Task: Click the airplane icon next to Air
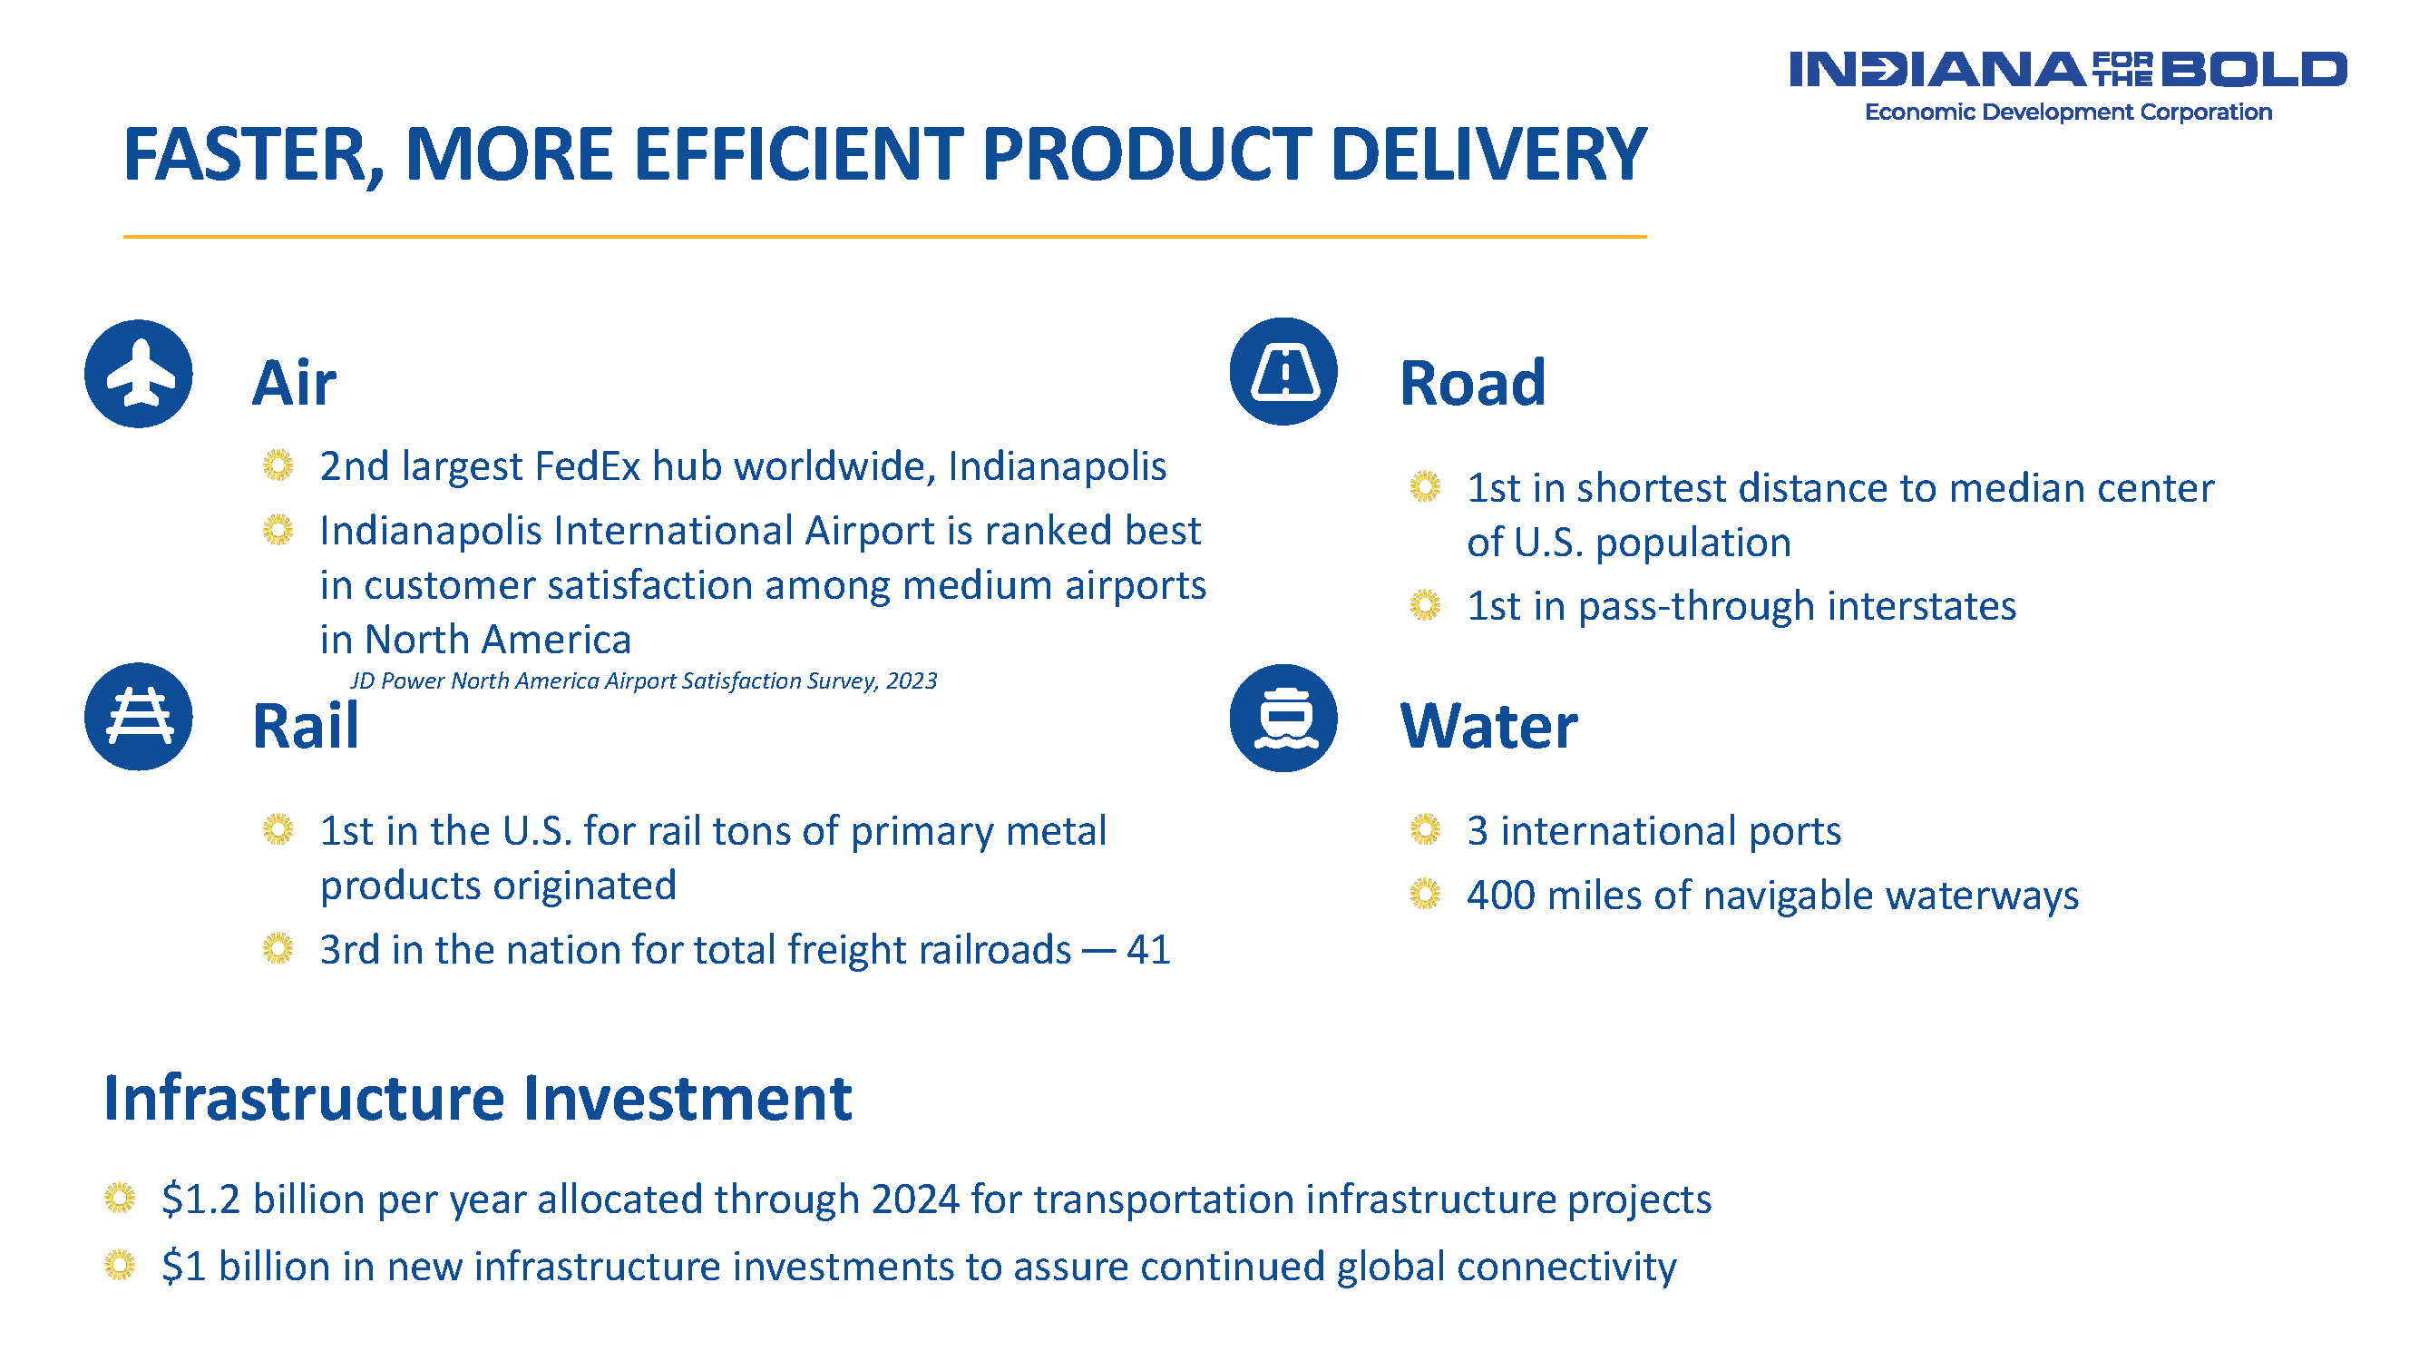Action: pyautogui.click(x=139, y=374)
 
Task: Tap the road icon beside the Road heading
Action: pyautogui.click(x=1283, y=372)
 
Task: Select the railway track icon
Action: pyautogui.click(x=139, y=717)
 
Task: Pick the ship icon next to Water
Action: pyautogui.click(x=1283, y=719)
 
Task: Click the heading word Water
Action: pyautogui.click(x=1488, y=726)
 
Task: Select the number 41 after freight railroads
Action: pyautogui.click(x=1148, y=950)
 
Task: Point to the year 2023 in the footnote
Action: pyautogui.click(x=911, y=681)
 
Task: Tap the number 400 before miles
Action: pyautogui.click(x=1500, y=896)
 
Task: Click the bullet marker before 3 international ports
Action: pyautogui.click(x=1425, y=829)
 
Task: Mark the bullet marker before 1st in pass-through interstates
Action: pyautogui.click(x=1425, y=605)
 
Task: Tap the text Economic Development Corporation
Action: pyautogui.click(x=2068, y=112)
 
